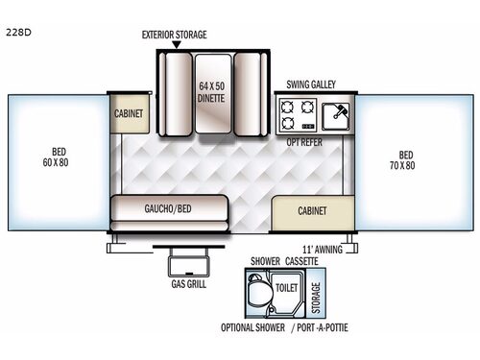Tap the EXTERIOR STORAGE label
click(x=175, y=35)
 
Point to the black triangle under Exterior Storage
click(x=176, y=45)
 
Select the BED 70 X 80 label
click(x=407, y=160)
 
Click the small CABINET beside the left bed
click(x=129, y=113)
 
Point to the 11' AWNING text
click(x=321, y=247)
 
